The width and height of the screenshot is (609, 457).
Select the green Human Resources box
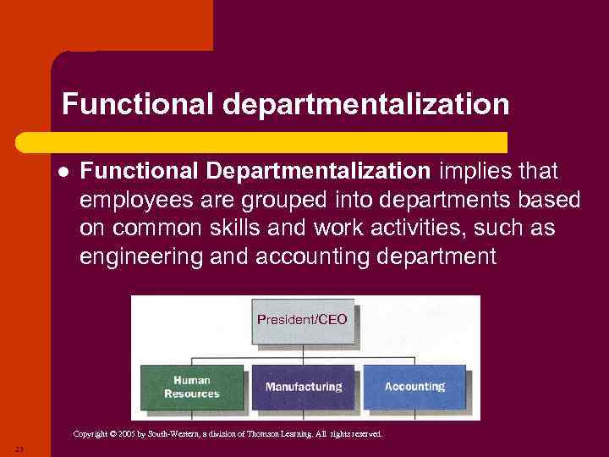pyautogui.click(x=192, y=387)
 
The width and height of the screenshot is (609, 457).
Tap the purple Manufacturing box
pyautogui.click(x=304, y=387)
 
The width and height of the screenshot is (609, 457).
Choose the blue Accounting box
pyautogui.click(x=414, y=387)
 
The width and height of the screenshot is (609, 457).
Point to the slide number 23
pyautogui.click(x=18, y=449)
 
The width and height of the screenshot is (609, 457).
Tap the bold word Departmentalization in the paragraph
pyautogui.click(x=318, y=172)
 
